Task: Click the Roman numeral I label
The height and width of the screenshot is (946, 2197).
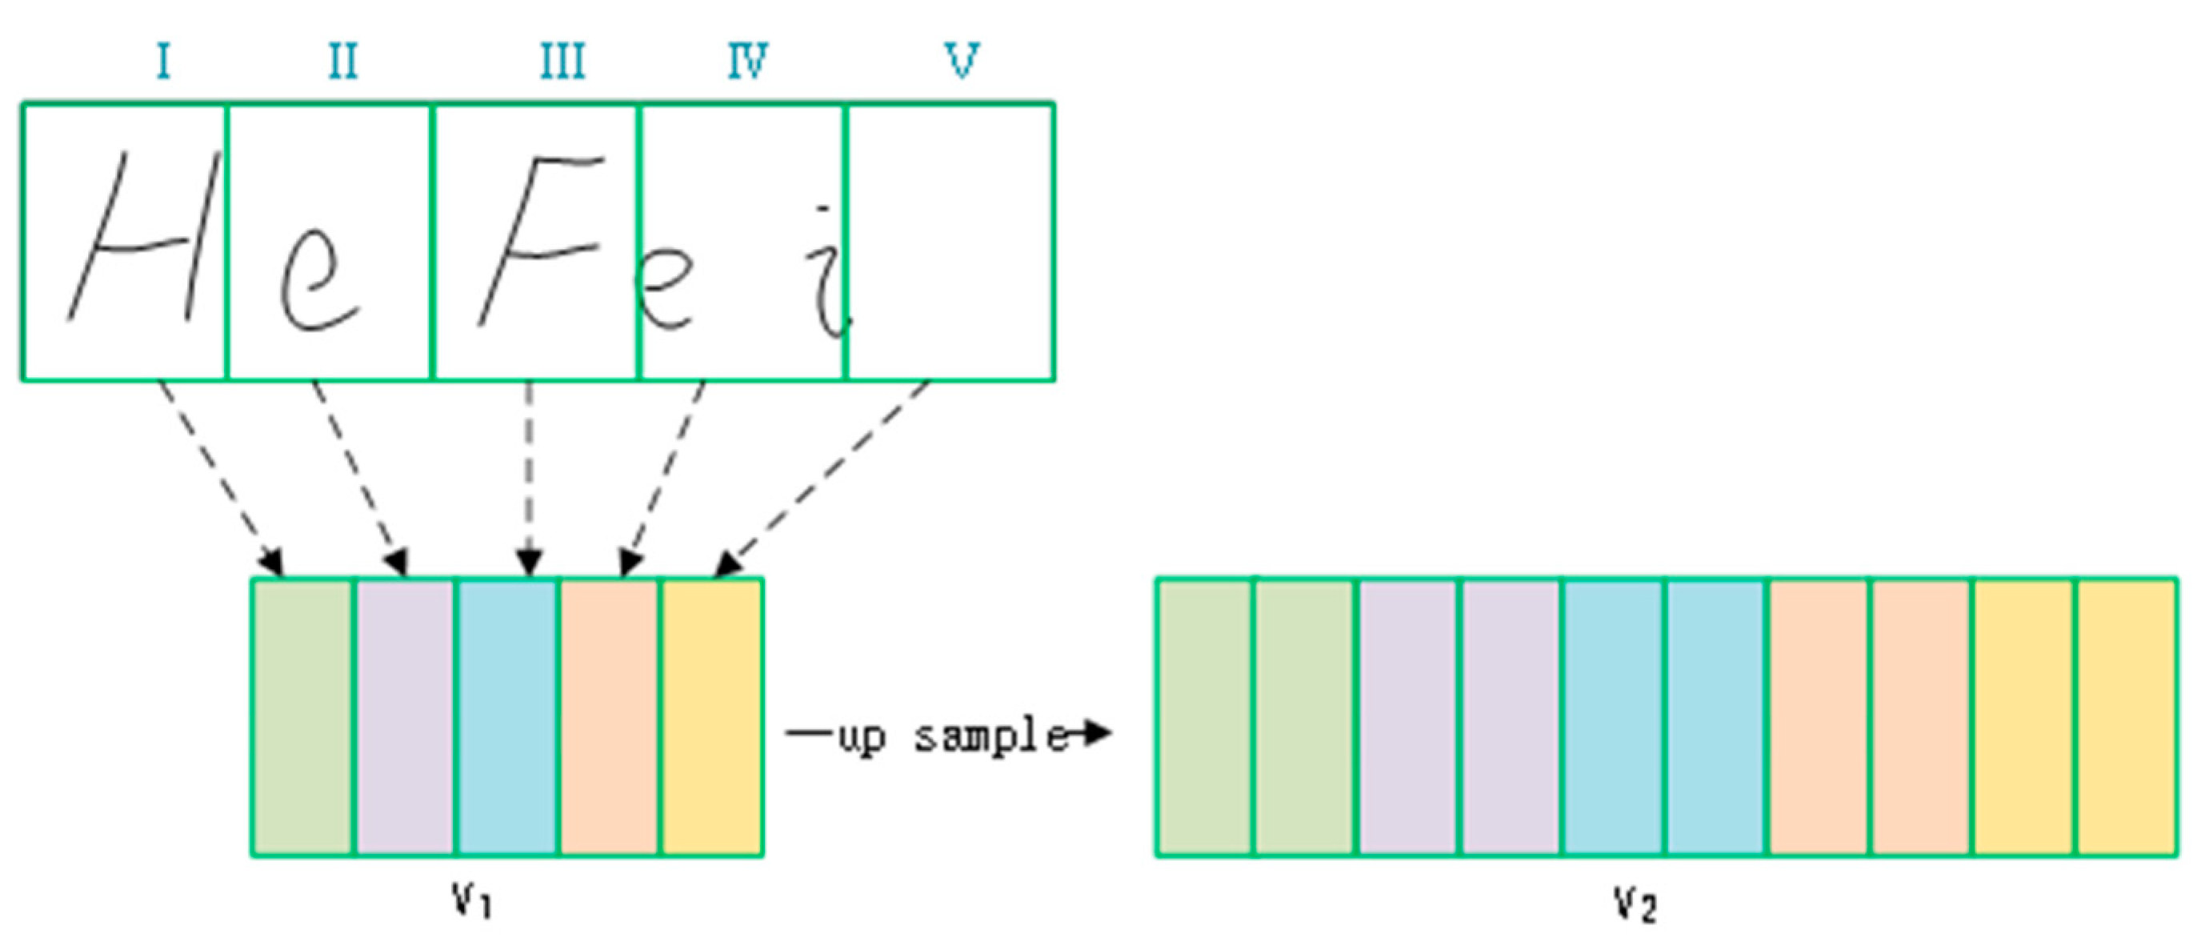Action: (163, 62)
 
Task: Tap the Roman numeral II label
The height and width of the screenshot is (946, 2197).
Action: (343, 62)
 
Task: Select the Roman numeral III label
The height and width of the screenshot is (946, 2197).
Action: (563, 62)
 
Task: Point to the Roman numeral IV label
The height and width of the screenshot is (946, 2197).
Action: (748, 62)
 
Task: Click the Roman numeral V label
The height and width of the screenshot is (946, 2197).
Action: (962, 62)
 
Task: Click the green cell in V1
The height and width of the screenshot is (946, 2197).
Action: (302, 716)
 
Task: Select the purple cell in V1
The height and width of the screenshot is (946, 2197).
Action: (405, 716)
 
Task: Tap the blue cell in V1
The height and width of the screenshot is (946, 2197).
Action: (507, 716)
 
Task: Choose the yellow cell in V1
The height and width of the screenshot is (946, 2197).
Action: (712, 716)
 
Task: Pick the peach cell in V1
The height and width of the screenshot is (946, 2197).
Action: (609, 716)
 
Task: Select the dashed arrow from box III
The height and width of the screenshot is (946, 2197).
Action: (529, 478)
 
